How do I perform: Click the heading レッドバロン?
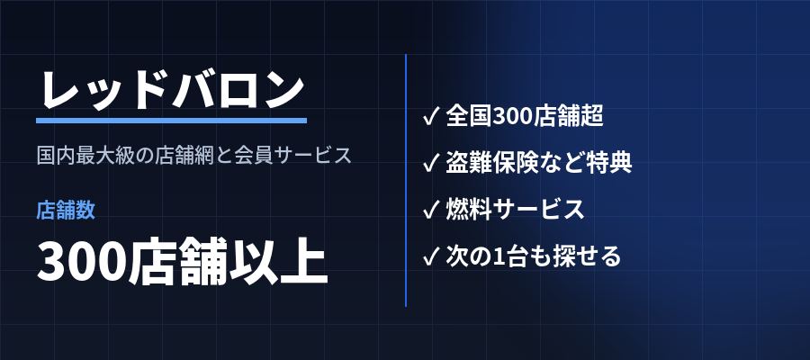tap(172, 90)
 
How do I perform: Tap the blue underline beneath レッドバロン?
tap(172, 121)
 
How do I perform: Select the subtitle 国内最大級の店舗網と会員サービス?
tap(194, 155)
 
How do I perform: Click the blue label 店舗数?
tap(66, 211)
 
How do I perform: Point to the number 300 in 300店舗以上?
tap(82, 262)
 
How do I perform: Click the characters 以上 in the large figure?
tap(278, 261)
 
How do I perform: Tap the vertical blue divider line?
tap(406, 180)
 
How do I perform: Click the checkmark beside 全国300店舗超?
tap(431, 116)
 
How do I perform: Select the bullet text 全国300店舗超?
tap(525, 116)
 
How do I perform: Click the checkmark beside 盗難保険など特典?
tap(431, 163)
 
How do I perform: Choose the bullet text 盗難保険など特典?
tap(539, 163)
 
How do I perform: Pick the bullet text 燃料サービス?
tap(515, 210)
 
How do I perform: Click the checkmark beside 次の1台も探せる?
tap(431, 256)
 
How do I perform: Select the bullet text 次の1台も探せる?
tap(533, 256)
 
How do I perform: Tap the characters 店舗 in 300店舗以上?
tap(178, 261)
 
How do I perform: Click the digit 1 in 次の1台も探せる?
tap(499, 256)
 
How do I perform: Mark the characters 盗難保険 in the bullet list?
tap(487, 163)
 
